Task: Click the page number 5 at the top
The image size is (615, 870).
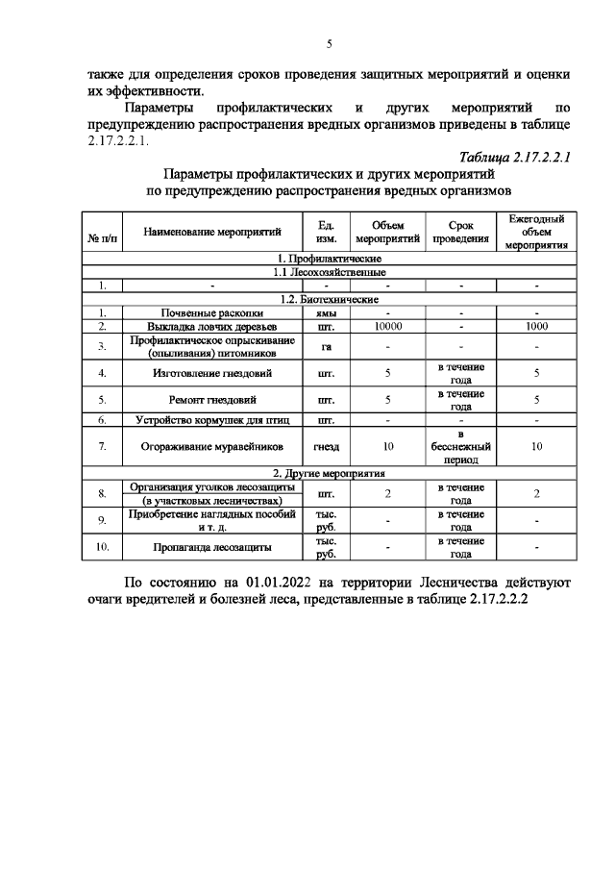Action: pos(329,43)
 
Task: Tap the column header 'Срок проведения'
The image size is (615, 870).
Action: pos(460,232)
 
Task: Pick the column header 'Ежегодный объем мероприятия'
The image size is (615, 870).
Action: pos(536,232)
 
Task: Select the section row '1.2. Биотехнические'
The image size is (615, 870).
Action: pos(329,299)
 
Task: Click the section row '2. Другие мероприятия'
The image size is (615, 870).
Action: pos(329,473)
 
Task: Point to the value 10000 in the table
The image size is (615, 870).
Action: pos(386,327)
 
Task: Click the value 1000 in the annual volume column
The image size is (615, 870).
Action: pos(536,327)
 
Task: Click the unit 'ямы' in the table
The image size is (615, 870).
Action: pos(326,312)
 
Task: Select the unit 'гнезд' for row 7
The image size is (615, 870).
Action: pos(326,446)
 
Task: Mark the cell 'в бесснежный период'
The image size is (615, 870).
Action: pos(460,446)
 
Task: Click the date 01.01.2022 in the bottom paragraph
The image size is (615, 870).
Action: pos(285,583)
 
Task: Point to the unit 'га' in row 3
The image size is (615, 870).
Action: pos(326,347)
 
